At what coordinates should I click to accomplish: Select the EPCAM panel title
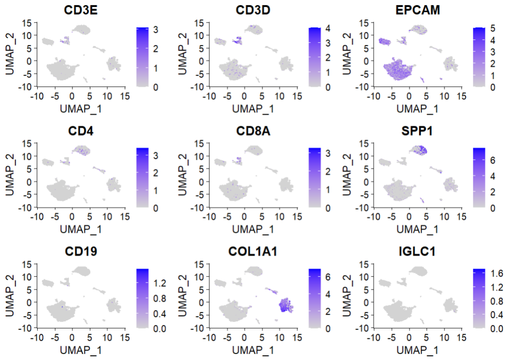coord(419,10)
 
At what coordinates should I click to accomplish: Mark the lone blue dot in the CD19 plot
coord(63,306)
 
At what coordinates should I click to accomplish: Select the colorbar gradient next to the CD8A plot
coord(315,178)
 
